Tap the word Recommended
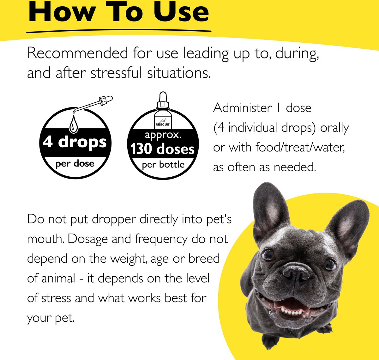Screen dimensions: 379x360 point(77,53)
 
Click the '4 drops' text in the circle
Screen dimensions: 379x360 point(75,142)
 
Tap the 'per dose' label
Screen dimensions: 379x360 point(75,164)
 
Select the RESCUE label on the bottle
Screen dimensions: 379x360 point(163,125)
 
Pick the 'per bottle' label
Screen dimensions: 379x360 point(163,165)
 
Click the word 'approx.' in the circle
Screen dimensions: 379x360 point(163,135)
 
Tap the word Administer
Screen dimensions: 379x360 point(242,108)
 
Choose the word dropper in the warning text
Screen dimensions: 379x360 point(114,220)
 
